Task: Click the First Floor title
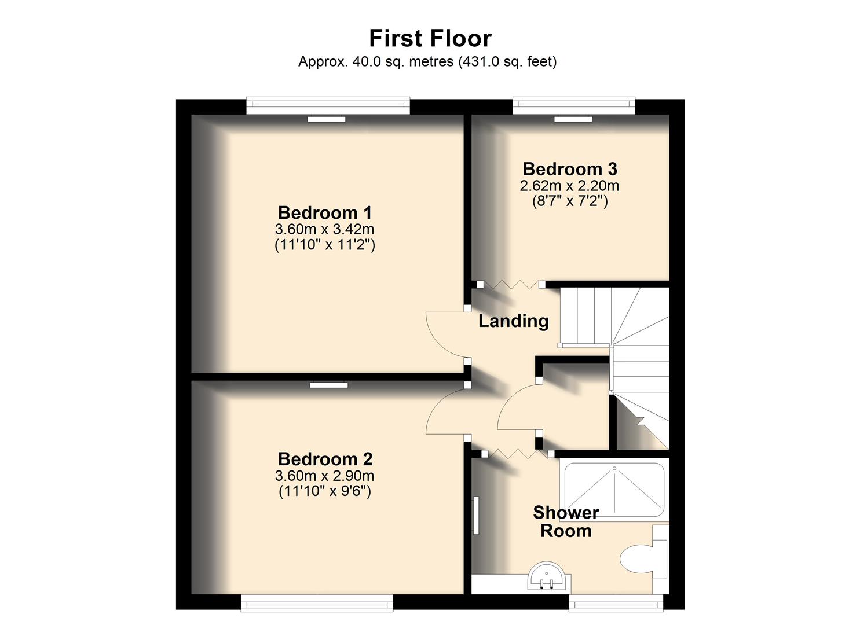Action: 430,39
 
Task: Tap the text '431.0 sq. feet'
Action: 507,61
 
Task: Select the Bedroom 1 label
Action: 324,212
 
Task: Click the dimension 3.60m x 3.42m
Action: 324,229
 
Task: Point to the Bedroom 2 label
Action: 325,459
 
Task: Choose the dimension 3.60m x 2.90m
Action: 324,476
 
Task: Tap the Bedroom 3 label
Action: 570,169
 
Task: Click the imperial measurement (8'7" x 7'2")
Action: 570,201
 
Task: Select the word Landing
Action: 513,321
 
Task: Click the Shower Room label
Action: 566,521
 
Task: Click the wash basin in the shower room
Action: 548,575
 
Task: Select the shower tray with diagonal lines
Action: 613,490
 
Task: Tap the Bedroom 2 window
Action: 317,604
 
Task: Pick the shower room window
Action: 615,604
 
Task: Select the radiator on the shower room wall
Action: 475,515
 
